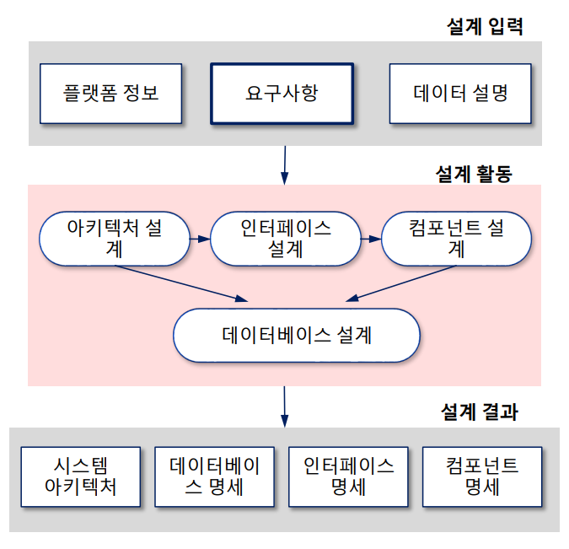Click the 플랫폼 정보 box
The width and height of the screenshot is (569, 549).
click(110, 93)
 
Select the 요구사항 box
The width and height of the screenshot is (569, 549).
click(281, 93)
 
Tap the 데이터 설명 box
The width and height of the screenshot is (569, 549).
click(460, 93)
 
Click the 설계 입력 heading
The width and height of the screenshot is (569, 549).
click(485, 26)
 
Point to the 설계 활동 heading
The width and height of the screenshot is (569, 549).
click(473, 174)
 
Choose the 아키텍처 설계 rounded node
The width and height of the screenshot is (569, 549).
click(114, 239)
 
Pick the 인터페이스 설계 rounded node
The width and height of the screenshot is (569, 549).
click(286, 239)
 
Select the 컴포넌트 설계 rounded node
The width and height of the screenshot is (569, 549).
click(456, 239)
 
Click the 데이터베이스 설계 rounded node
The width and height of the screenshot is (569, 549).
click(297, 335)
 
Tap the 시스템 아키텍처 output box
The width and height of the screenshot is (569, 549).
click(81, 476)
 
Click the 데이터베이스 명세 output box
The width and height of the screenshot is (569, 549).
click(215, 476)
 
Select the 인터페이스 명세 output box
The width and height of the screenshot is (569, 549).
click(348, 476)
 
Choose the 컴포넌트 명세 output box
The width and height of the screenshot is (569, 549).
click(481, 476)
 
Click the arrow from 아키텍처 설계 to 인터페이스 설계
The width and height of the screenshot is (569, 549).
click(199, 239)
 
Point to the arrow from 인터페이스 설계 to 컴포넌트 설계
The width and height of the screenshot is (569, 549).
click(371, 239)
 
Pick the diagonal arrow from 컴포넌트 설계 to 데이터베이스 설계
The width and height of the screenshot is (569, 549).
click(403, 284)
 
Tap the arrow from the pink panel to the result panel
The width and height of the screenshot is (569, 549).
click(285, 406)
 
